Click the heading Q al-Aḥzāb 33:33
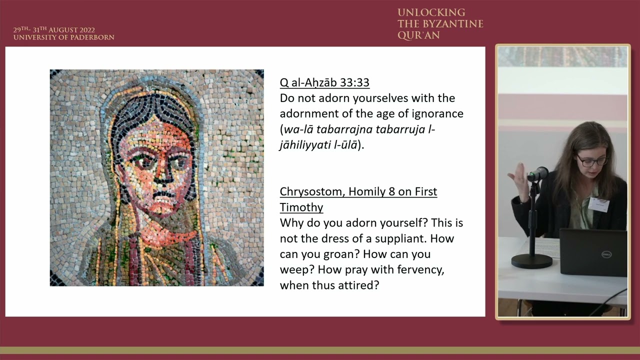coord(324,82)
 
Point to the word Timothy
coord(301,207)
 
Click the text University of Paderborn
coord(63,37)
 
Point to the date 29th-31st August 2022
coord(54,30)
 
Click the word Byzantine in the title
coord(455,24)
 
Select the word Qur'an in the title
coord(418,35)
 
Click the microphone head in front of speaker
coord(538,173)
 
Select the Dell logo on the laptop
coord(606,255)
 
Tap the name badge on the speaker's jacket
coord(598,204)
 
